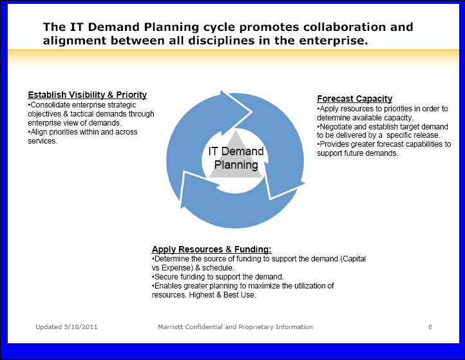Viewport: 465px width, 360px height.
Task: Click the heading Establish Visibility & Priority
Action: point(88,95)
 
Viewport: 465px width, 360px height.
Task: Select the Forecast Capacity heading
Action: point(354,99)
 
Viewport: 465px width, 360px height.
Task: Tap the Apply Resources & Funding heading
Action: point(211,249)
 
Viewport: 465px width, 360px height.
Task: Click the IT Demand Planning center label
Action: point(236,158)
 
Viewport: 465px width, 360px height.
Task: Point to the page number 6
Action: point(430,327)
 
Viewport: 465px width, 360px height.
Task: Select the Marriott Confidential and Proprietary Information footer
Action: point(235,327)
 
